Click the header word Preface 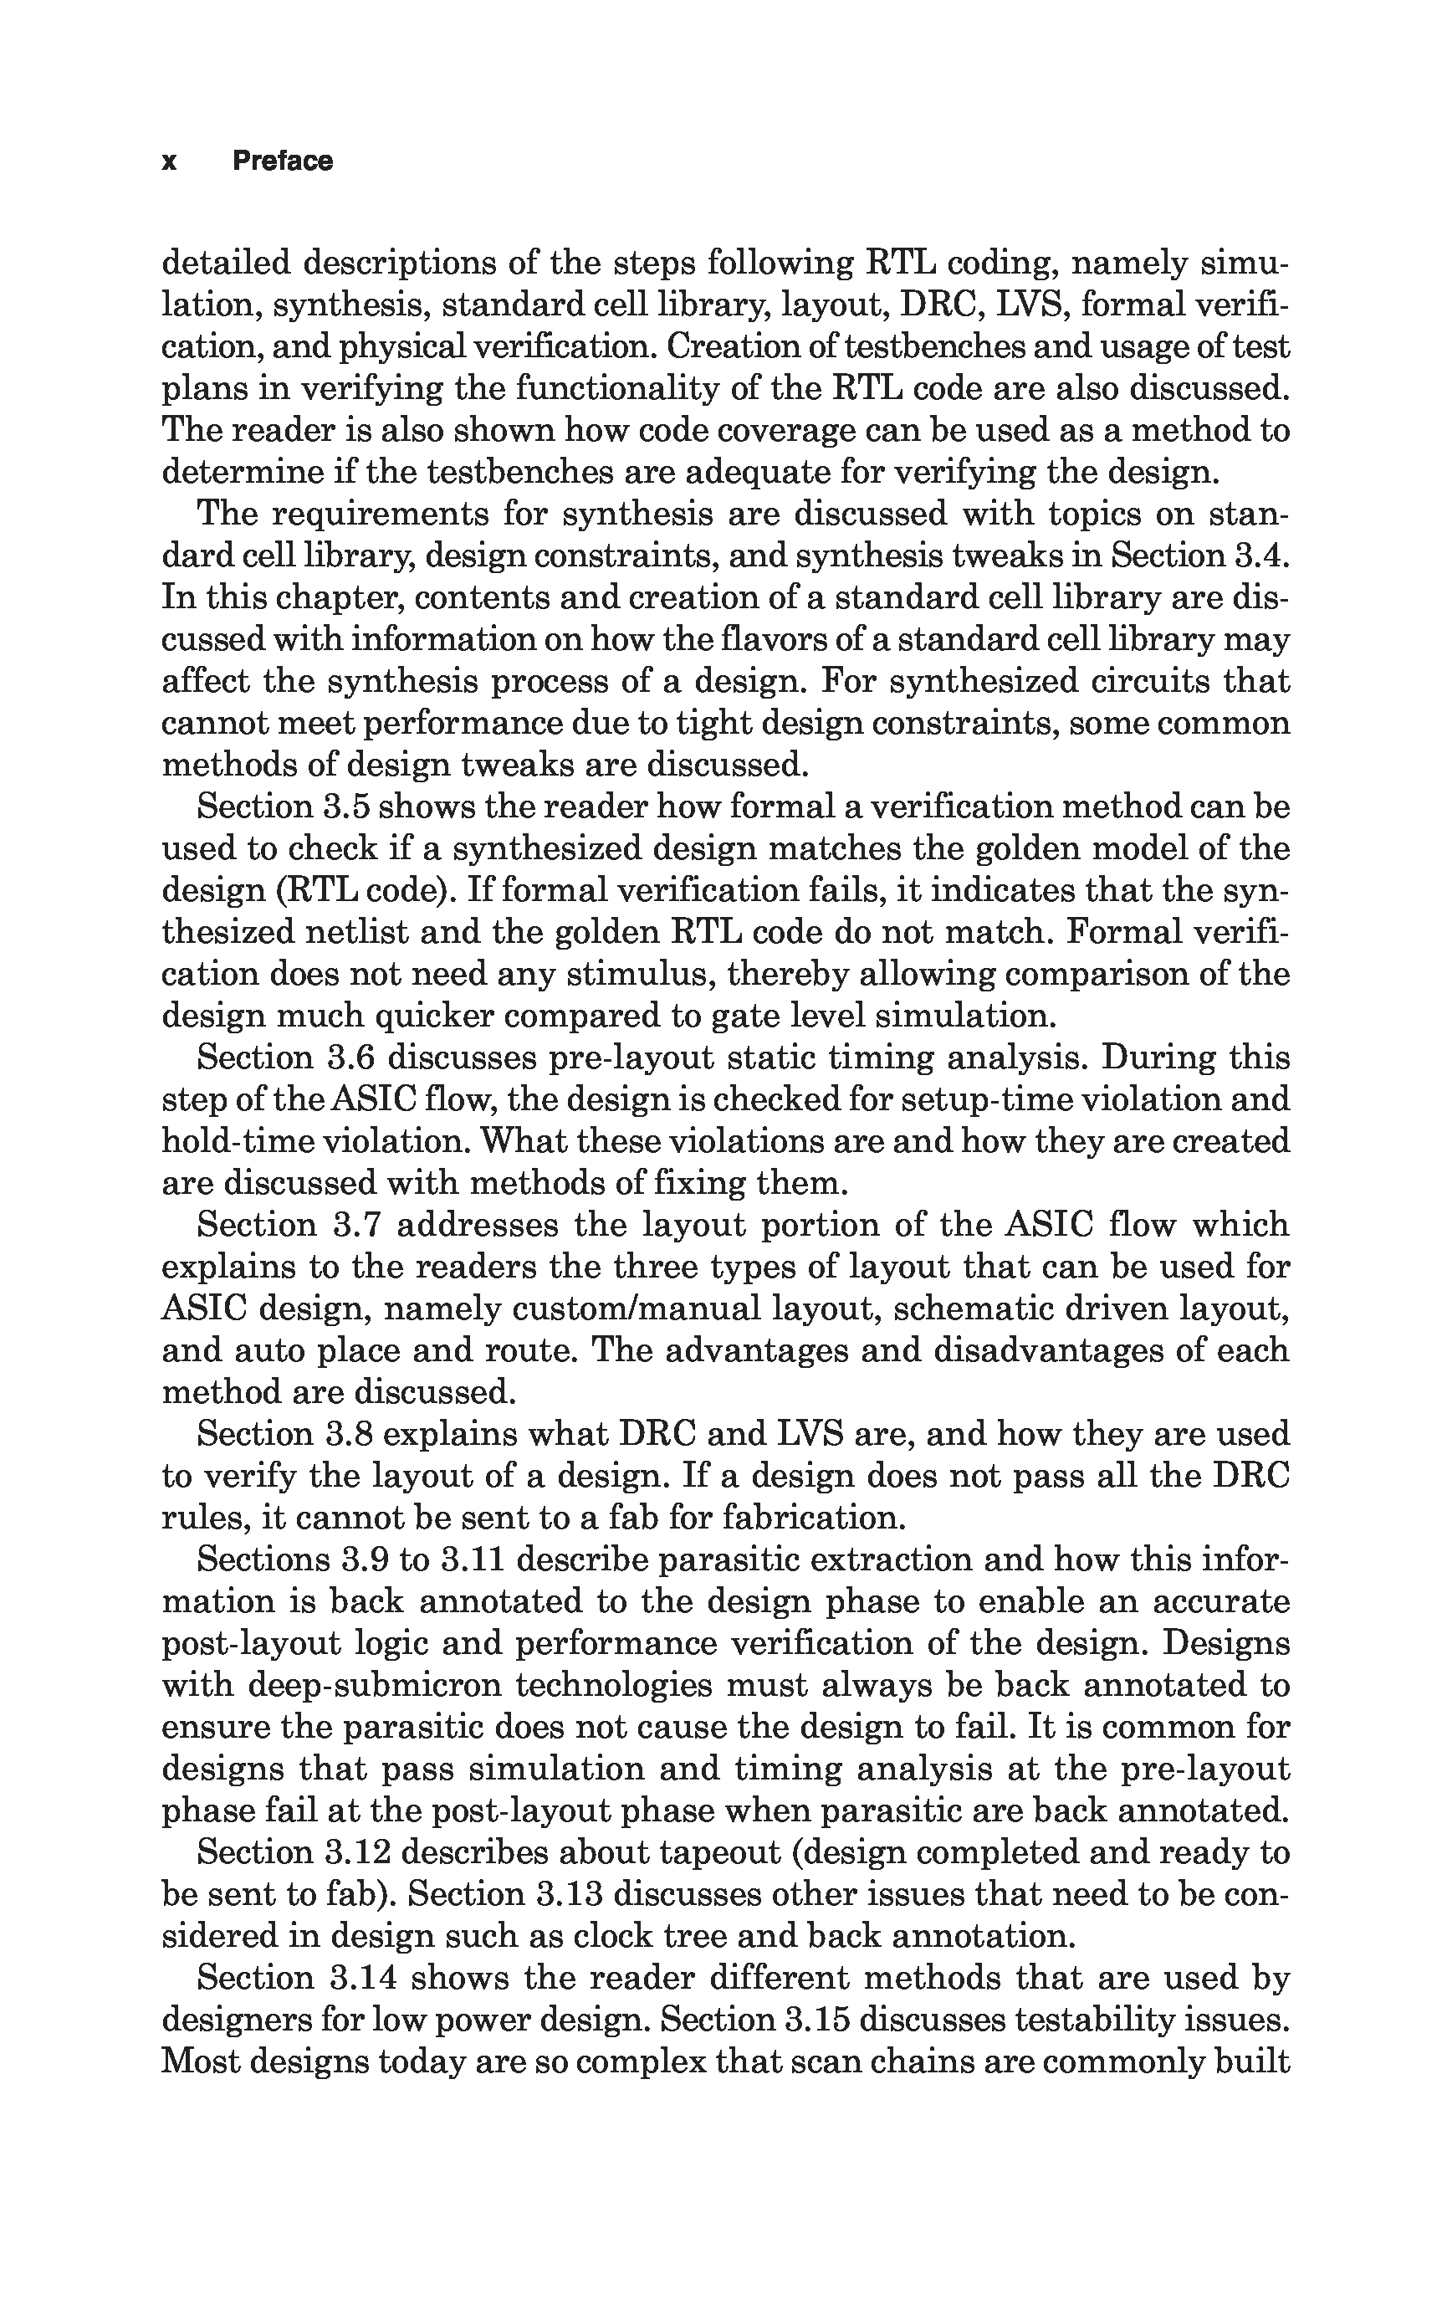point(283,161)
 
